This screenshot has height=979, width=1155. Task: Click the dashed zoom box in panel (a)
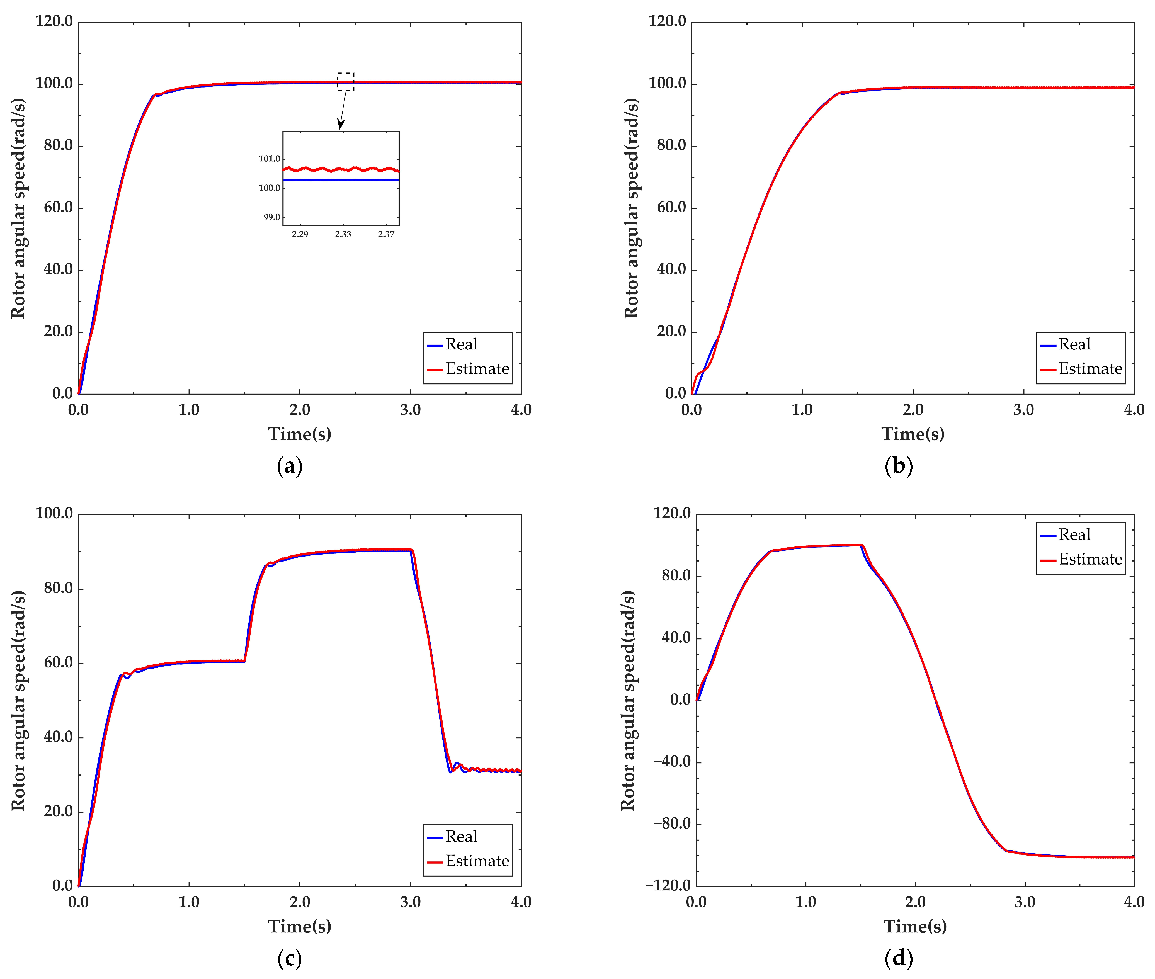(345, 82)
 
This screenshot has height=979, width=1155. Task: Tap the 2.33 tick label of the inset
(343, 234)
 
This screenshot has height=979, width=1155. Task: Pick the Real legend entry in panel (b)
(1074, 345)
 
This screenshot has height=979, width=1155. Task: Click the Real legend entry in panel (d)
(1074, 535)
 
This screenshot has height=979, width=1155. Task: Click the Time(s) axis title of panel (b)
(913, 434)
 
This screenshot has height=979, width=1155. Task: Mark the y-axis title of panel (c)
(18, 700)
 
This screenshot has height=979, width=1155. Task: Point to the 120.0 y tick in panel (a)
(54, 22)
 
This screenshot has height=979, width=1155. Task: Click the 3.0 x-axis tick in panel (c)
(410, 902)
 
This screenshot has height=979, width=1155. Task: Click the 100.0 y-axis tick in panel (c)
(54, 513)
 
